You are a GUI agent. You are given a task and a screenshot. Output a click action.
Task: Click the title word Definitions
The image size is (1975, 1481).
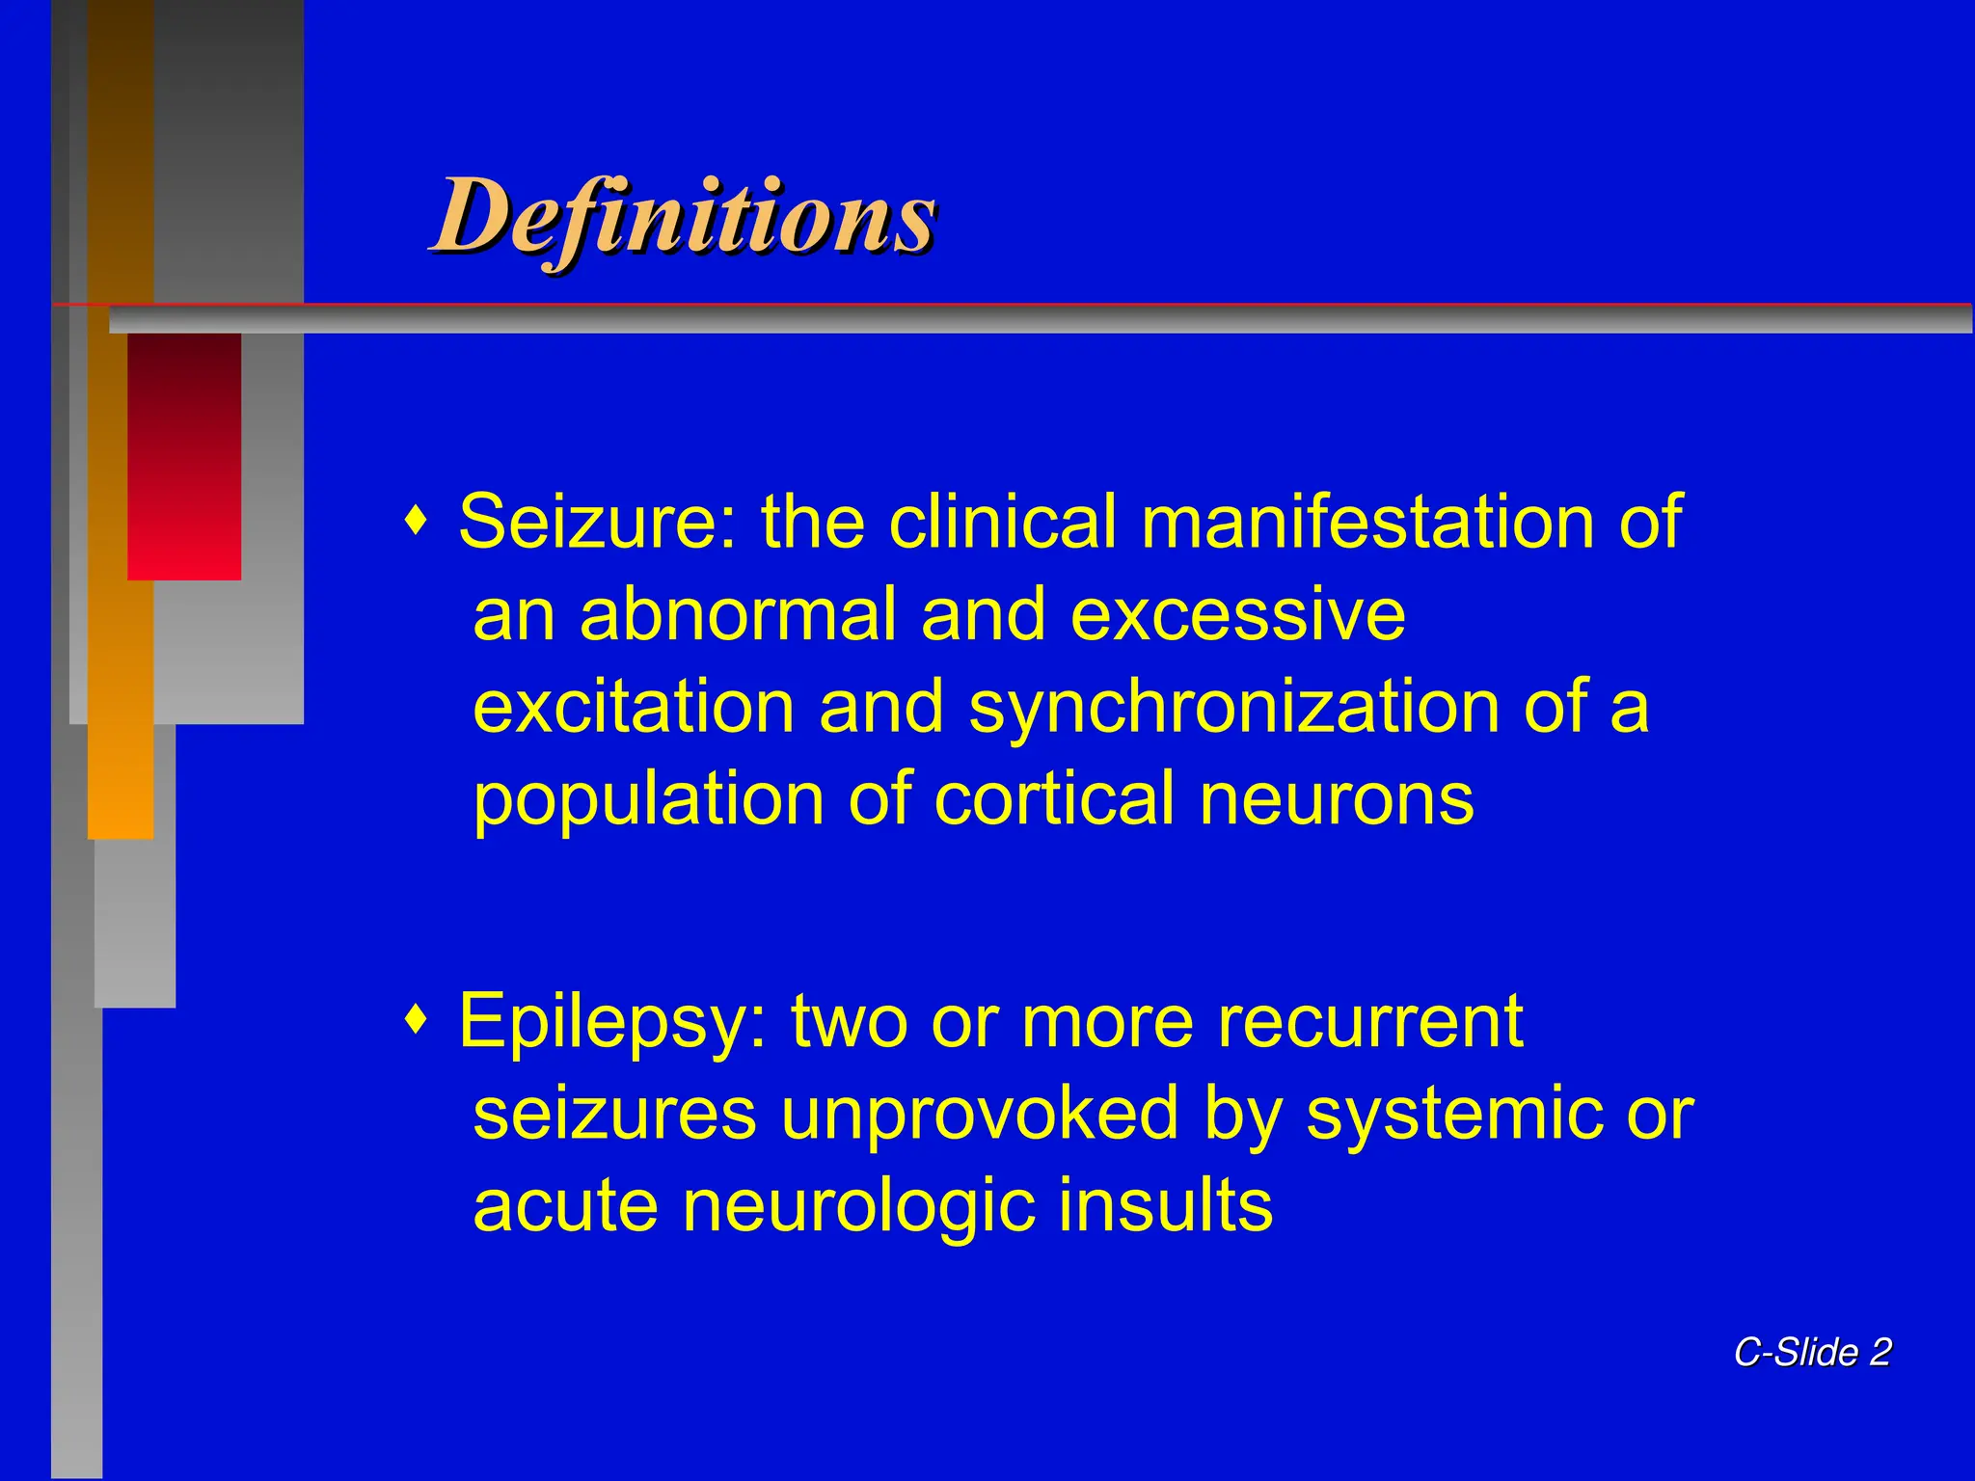(x=683, y=218)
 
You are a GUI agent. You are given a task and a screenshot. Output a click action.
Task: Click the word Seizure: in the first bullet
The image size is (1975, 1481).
(x=597, y=522)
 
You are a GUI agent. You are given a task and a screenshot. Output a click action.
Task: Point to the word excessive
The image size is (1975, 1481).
(x=1237, y=614)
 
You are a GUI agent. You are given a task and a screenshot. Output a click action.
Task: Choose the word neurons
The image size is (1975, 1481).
(x=1337, y=799)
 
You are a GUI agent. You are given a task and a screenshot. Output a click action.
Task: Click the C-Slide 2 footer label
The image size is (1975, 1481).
(x=1812, y=1352)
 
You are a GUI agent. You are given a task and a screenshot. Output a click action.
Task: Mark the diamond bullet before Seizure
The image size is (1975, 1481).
(x=416, y=522)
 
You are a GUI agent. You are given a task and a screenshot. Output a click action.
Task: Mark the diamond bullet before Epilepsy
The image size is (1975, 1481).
(x=416, y=1020)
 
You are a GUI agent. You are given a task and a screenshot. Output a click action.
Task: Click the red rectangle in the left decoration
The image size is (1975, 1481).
(x=184, y=456)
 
